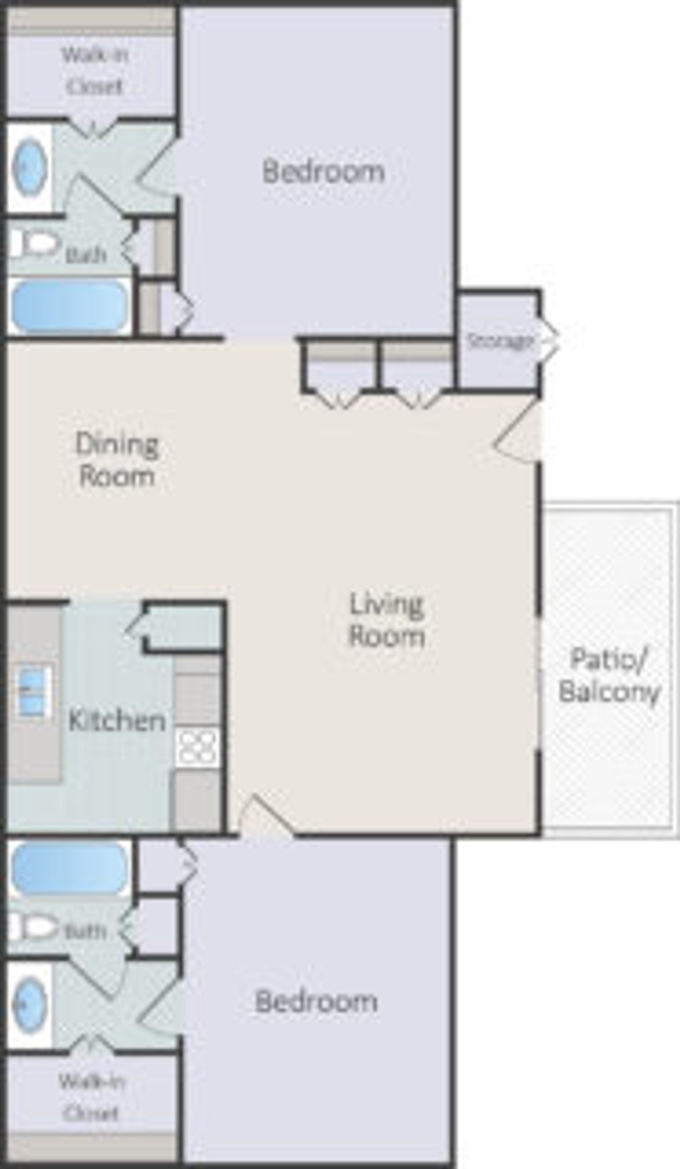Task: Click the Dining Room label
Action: pyautogui.click(x=116, y=460)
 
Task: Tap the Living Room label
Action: pyautogui.click(x=386, y=620)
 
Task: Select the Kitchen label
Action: pyautogui.click(x=117, y=720)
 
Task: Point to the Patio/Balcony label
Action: pyautogui.click(x=609, y=675)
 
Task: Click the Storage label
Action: pyautogui.click(x=500, y=341)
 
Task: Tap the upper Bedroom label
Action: pyautogui.click(x=324, y=171)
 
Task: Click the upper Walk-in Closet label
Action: pyautogui.click(x=94, y=71)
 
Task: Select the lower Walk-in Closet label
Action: pyautogui.click(x=91, y=1097)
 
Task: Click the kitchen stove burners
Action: pyautogui.click(x=197, y=746)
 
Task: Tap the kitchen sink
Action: pyautogui.click(x=33, y=690)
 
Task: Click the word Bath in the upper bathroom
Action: pyautogui.click(x=86, y=255)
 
